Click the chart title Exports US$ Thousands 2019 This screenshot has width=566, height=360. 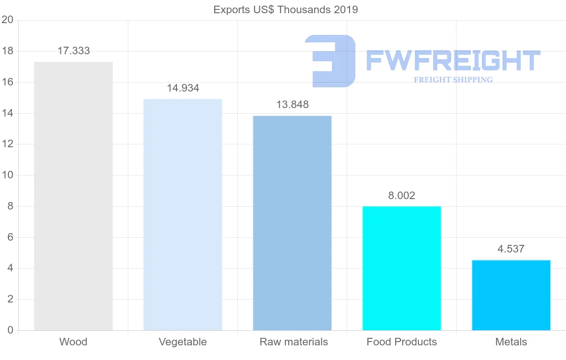coord(285,9)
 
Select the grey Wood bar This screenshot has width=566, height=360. coord(73,196)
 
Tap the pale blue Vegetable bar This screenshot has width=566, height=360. coord(183,215)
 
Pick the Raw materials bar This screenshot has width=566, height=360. coord(292,223)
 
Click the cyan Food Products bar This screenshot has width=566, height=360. coord(401,268)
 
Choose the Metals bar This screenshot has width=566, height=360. coord(511,295)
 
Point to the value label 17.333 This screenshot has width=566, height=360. coord(74,51)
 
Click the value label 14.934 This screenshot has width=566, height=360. coord(183,88)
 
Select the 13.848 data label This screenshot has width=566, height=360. coord(292,105)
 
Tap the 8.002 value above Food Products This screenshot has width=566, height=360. coord(402,195)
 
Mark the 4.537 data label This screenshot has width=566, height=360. coord(511,249)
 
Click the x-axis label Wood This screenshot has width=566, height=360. coord(73,342)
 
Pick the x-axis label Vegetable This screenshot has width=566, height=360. coord(183,342)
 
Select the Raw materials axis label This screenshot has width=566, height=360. coord(293,342)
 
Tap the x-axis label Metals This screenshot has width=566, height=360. coord(511,342)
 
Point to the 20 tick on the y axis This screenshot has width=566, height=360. coord(7,20)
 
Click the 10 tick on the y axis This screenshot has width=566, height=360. coord(7,175)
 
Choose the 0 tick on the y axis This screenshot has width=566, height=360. coord(10,330)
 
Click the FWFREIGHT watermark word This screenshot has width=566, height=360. coord(453,60)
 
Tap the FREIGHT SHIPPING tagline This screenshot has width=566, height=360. coord(453,80)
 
